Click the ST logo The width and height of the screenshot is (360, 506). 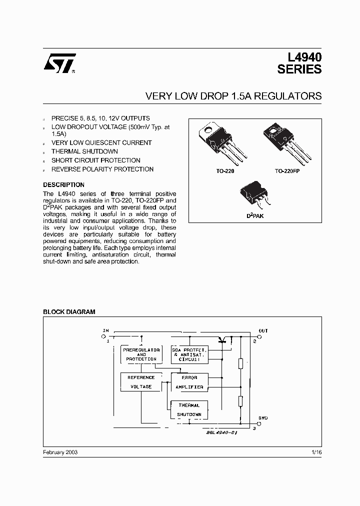coord(59,63)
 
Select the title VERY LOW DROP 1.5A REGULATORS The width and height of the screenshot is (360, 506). coord(233,96)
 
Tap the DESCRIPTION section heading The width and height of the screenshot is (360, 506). coord(63,184)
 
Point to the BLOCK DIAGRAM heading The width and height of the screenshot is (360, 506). coord(69,311)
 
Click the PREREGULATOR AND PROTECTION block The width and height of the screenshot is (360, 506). coord(141,354)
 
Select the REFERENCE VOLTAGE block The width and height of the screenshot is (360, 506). coord(141,382)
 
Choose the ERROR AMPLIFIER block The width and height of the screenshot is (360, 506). coord(189,382)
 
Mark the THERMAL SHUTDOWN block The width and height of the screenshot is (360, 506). coord(189,410)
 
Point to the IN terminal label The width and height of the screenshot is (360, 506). coord(105,330)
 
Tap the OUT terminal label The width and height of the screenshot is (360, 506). coord(263,330)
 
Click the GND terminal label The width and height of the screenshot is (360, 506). coord(263,417)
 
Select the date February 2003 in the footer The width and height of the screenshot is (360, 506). coord(60,452)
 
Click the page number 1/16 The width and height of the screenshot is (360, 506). coord(316,452)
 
